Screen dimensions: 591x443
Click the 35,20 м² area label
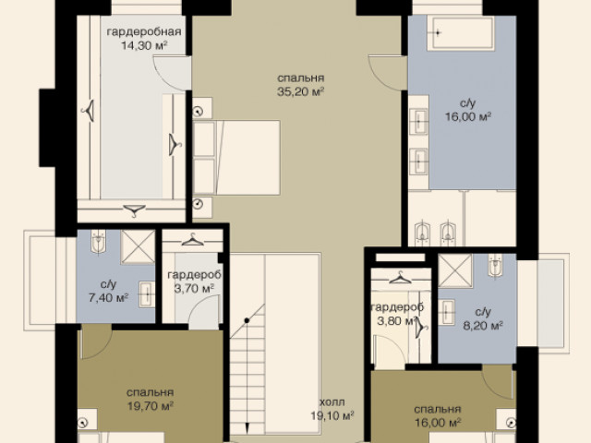tap(300, 91)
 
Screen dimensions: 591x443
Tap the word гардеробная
tap(144, 31)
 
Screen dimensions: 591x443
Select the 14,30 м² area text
tap(144, 45)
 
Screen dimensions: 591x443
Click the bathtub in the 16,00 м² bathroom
tap(460, 33)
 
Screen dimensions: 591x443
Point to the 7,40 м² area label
tap(108, 297)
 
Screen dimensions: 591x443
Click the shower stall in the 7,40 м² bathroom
tap(138, 246)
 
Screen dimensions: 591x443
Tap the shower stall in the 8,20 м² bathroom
tap(455, 270)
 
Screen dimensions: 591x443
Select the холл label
tap(332, 402)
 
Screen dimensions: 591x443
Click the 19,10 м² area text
tap(332, 416)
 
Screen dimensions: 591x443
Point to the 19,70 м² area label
tap(150, 406)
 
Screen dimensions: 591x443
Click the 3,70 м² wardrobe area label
tap(194, 289)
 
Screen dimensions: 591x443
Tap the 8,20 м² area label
tap(483, 326)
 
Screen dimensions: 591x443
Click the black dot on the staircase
tap(247, 320)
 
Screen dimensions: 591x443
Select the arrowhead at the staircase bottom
tap(247, 428)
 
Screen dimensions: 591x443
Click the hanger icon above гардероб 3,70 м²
tap(192, 239)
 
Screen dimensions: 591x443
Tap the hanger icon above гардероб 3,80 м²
tap(400, 278)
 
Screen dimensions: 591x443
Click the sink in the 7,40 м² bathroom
tap(147, 293)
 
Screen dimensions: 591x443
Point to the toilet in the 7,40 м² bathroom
tap(99, 241)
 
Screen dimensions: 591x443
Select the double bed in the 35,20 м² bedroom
tap(236, 158)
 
